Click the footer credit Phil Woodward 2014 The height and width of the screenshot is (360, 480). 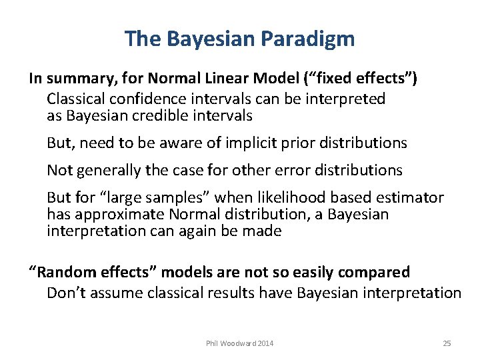click(240, 343)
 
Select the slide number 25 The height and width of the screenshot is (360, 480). click(447, 343)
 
